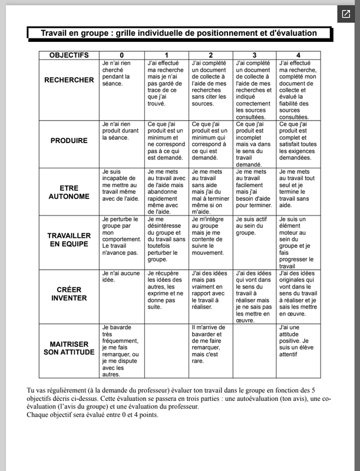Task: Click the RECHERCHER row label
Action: (69, 80)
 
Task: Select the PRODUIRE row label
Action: (69, 141)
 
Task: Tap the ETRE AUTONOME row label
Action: (69, 192)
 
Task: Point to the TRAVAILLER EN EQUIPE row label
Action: (69, 239)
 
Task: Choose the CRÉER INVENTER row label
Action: (69, 294)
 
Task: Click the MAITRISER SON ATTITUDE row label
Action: (69, 348)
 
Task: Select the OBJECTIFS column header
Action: (69, 55)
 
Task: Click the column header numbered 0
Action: (122, 55)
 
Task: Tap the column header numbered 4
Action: (299, 55)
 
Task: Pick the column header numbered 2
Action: (210, 55)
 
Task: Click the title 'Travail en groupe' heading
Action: (179, 34)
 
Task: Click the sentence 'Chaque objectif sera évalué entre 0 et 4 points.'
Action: (93, 414)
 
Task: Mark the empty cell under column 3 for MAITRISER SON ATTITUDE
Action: (255, 350)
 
